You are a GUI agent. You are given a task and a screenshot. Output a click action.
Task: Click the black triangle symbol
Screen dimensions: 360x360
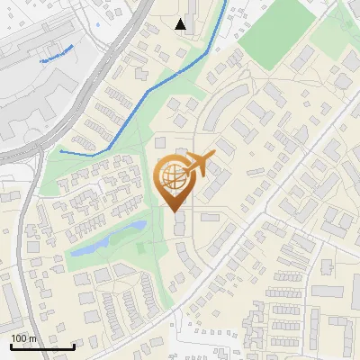coord(182,24)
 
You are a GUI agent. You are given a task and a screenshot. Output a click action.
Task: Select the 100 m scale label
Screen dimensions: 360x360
coord(23,338)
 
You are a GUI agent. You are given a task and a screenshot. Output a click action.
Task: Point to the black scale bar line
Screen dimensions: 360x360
coord(41,346)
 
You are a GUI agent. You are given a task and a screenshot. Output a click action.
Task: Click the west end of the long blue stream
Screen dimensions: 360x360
coord(61,152)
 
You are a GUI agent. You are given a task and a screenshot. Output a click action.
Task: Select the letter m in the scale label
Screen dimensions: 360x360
coord(32,338)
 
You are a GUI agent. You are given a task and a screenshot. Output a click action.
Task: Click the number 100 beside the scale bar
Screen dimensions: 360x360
coord(19,338)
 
